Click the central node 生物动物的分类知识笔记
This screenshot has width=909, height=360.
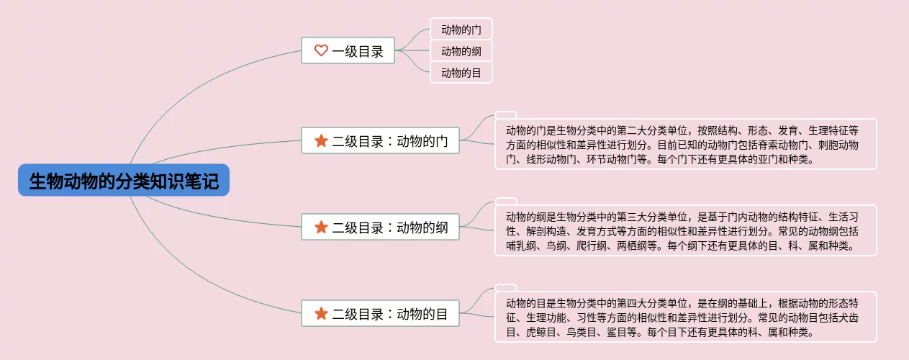pos(123,180)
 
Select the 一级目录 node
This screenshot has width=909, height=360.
pos(348,50)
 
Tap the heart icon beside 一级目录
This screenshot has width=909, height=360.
pos(321,50)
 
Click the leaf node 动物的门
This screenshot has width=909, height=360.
pos(461,30)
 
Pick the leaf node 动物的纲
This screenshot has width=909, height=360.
pos(461,51)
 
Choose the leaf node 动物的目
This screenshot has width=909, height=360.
pos(461,72)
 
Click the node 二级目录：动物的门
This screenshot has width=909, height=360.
pos(380,140)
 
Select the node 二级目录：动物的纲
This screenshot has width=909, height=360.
pos(380,228)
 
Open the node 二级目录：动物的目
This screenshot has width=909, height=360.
pos(380,314)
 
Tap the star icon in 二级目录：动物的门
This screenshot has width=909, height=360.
pos(321,140)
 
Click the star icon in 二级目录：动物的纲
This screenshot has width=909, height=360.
pos(321,228)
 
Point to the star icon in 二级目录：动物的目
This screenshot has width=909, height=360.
pos(321,314)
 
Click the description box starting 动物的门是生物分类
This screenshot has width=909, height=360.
pos(685,144)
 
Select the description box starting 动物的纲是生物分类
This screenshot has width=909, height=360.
pos(685,230)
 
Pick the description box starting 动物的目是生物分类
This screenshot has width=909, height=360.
pos(685,317)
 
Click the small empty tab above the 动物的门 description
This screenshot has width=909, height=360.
pos(506,115)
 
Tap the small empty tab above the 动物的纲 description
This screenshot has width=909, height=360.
pos(506,202)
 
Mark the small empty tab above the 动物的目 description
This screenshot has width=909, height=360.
pos(506,288)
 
